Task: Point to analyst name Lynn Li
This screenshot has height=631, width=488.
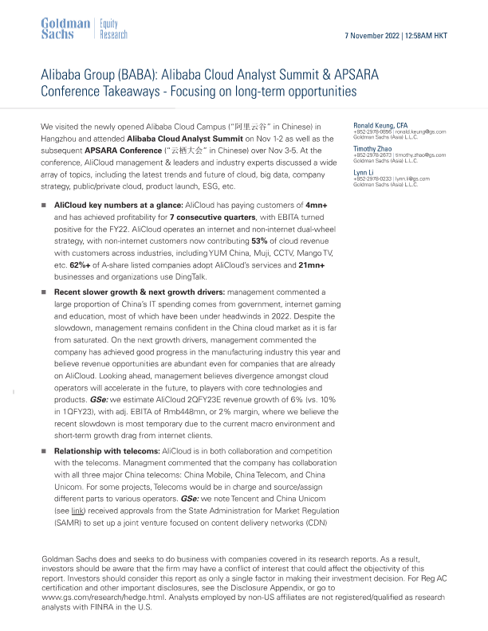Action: click(x=364, y=172)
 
